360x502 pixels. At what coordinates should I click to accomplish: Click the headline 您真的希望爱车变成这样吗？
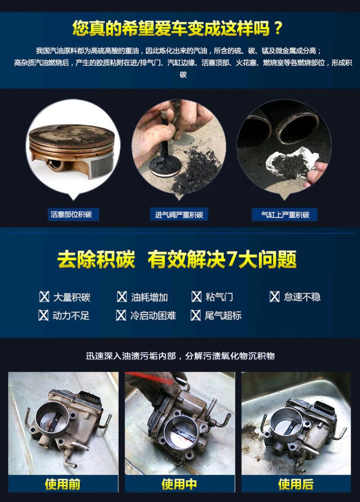(x=178, y=28)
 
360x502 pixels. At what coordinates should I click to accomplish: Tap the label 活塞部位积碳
(x=71, y=214)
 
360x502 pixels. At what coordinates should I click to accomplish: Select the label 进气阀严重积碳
(x=179, y=214)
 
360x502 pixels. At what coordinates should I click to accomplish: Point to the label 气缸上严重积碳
(x=285, y=214)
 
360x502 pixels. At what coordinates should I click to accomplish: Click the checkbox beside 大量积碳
(x=44, y=297)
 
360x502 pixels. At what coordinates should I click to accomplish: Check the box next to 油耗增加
(x=121, y=297)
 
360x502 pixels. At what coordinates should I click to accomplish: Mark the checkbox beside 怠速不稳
(x=274, y=297)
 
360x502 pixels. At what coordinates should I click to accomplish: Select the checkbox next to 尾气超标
(x=195, y=315)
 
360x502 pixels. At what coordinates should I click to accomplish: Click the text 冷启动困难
(x=153, y=316)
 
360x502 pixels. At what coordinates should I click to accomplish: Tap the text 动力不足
(x=71, y=316)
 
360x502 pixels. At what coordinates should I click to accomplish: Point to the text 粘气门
(x=219, y=297)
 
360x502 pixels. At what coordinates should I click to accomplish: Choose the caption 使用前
(x=63, y=484)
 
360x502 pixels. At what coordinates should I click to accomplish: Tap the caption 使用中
(x=179, y=484)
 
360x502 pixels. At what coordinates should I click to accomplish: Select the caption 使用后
(x=296, y=484)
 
